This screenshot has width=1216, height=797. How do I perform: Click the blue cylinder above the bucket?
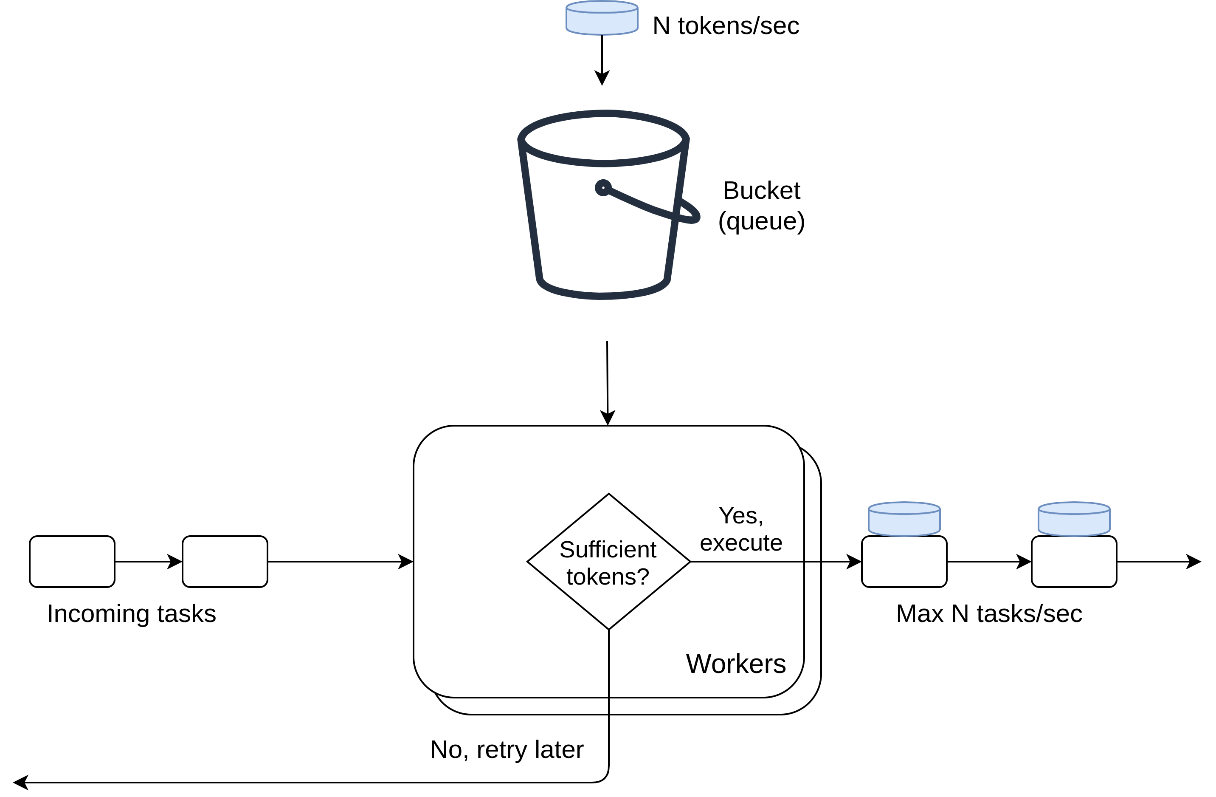[x=602, y=18]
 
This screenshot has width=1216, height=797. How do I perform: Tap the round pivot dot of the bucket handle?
[x=603, y=188]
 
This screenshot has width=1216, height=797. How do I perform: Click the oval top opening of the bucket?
[x=604, y=138]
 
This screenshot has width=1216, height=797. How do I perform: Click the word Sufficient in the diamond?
[x=608, y=550]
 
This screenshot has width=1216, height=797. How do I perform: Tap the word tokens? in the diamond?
[x=608, y=577]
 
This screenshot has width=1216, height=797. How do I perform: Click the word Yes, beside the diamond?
[x=741, y=515]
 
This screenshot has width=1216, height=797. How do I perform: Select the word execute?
[x=741, y=543]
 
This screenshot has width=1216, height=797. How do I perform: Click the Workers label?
[x=736, y=664]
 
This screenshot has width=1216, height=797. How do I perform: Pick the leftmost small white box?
[x=72, y=561]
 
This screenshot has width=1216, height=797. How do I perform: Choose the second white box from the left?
[x=225, y=561]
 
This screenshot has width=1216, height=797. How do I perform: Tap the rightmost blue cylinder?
[x=1074, y=519]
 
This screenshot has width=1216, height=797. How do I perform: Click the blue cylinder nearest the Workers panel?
[x=904, y=519]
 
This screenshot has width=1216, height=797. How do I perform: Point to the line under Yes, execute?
[x=751, y=561]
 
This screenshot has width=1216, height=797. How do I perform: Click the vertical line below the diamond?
[x=609, y=670]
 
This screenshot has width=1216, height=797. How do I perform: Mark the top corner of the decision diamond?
[x=608, y=495]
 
